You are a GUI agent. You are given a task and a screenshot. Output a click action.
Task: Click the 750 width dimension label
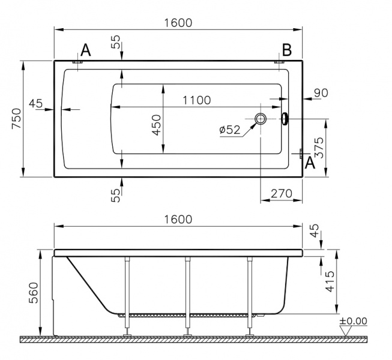coord(17,118)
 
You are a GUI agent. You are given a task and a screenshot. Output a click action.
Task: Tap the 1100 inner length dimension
coord(197,100)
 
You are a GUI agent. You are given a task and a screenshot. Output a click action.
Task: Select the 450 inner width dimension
coord(157,125)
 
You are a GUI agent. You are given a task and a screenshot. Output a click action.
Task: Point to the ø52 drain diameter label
coord(230,130)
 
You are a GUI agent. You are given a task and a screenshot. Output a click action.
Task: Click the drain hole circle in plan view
coord(261,118)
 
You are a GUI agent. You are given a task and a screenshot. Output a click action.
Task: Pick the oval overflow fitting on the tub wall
coord(285,118)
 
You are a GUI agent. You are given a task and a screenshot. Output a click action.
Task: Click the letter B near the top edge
coord(287,50)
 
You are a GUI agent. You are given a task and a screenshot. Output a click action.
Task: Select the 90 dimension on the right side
coord(321,92)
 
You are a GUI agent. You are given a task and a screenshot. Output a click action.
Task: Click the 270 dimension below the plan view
coord(282,193)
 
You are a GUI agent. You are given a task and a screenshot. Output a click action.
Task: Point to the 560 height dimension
coord(34,293)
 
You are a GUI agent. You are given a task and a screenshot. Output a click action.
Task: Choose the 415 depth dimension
coord(330,281)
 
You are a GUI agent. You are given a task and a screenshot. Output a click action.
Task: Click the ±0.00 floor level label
coord(353,321)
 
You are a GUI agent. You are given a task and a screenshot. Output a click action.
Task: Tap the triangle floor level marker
coord(346,332)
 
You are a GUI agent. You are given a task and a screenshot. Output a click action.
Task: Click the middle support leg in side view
coord(187,295)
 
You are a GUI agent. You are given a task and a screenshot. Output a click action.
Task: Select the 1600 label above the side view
coord(178,220)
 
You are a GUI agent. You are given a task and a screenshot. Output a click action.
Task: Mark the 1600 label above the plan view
coord(178,23)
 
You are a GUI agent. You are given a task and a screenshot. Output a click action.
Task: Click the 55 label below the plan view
coord(115,195)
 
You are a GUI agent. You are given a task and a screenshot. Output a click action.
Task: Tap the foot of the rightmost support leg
coord(250,335)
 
